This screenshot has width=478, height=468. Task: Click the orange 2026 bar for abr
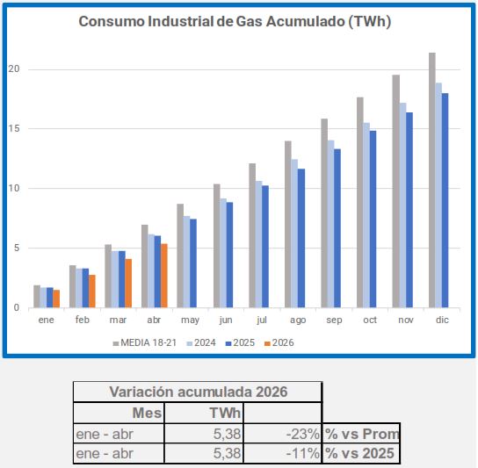click(x=164, y=276)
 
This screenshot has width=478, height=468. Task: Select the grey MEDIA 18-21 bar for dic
click(x=432, y=180)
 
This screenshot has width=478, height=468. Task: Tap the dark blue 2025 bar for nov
click(x=409, y=210)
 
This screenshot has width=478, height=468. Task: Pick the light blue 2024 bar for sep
click(x=330, y=224)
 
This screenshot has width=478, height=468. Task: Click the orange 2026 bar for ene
click(x=56, y=299)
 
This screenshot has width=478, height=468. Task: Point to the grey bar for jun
click(x=217, y=246)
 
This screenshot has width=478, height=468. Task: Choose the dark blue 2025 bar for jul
click(x=265, y=247)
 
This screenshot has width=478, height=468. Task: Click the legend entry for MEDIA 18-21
click(x=144, y=342)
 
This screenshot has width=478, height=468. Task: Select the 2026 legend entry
click(x=279, y=342)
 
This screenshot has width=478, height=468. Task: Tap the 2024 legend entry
click(x=201, y=342)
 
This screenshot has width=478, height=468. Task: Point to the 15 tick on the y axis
click(x=14, y=128)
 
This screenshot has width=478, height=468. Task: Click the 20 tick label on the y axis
click(x=14, y=69)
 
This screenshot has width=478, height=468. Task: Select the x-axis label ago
click(x=298, y=320)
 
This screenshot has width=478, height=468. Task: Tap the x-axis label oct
click(x=370, y=320)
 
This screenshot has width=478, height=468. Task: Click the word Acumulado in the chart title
click(x=306, y=22)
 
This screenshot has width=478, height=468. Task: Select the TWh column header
click(x=225, y=414)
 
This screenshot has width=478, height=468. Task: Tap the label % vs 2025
click(x=359, y=453)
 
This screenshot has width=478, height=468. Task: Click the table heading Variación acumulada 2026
click(x=199, y=392)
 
